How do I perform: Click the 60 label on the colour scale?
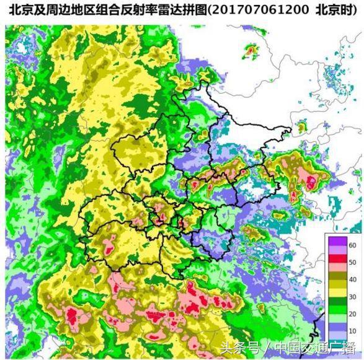point(352,246)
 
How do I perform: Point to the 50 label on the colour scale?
point(352,262)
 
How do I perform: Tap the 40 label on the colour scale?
point(352,279)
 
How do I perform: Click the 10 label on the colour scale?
point(352,331)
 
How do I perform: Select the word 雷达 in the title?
point(164,9)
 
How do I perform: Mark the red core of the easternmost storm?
point(310,182)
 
